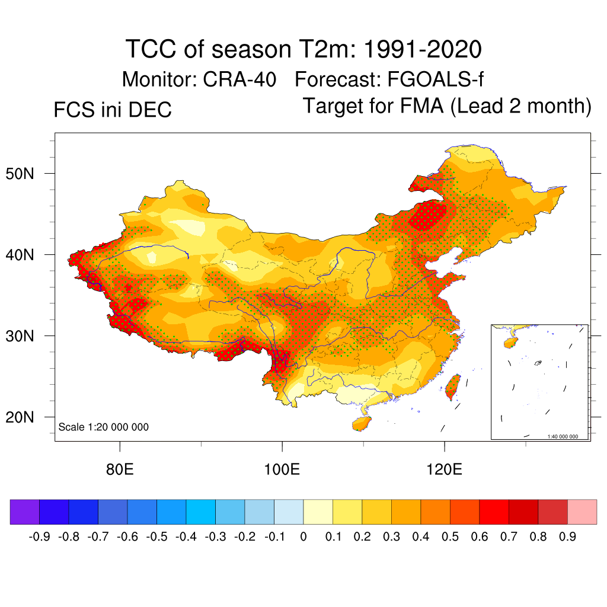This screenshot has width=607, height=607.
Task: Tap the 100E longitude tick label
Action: tap(282, 471)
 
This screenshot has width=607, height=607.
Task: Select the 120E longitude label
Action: tap(445, 471)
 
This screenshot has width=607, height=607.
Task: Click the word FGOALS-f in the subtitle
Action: tap(437, 79)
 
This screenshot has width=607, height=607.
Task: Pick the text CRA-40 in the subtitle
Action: tap(239, 79)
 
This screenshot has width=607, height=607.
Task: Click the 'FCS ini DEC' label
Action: tap(113, 110)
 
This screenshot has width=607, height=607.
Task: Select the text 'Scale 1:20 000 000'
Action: tap(104, 427)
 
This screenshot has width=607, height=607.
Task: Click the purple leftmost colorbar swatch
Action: tap(25, 512)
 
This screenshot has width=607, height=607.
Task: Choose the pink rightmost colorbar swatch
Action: tap(582, 512)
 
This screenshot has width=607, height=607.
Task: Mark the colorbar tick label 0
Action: tap(303, 537)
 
